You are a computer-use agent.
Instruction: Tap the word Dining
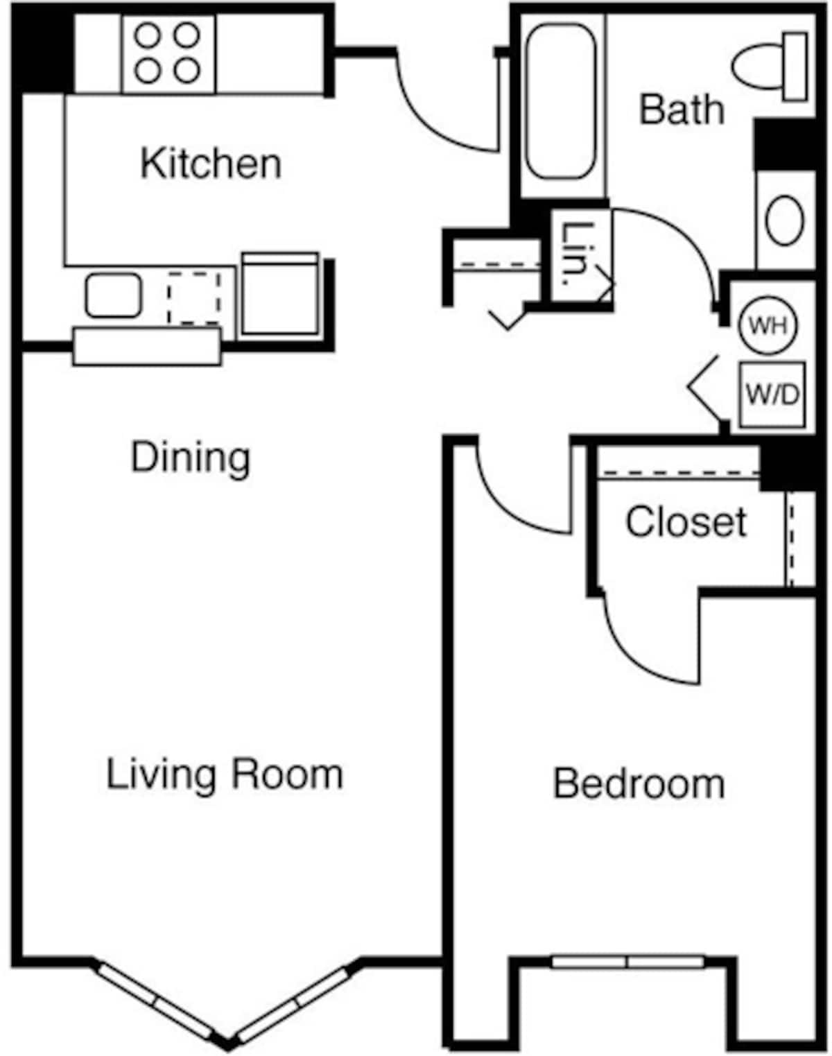[x=191, y=458]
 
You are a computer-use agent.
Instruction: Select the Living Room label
[x=224, y=774]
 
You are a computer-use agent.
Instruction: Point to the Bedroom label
[x=639, y=784]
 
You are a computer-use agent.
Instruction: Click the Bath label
[x=681, y=110]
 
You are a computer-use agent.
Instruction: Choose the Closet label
[x=686, y=521]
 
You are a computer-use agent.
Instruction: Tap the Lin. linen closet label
[x=576, y=254]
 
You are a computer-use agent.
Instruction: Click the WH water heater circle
[x=768, y=325]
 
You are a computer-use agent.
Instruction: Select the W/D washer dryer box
[x=772, y=395]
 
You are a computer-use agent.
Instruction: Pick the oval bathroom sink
[x=784, y=220]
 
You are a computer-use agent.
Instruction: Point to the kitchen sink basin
[x=113, y=296]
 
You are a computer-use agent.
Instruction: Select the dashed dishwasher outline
[x=194, y=297]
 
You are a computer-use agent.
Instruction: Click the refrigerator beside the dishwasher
[x=279, y=294]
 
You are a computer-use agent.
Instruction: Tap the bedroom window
[x=627, y=962]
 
